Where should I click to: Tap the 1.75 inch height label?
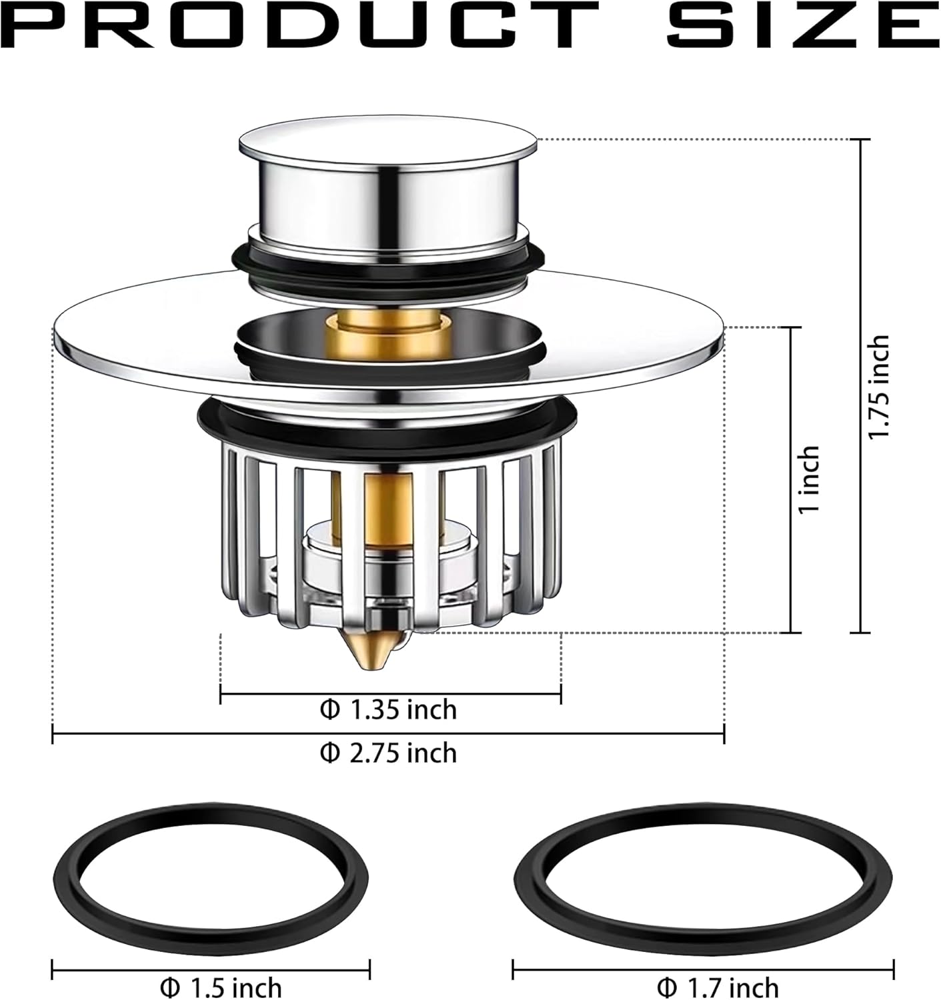click(878, 386)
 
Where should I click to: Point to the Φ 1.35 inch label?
click(389, 709)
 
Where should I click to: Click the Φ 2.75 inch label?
click(389, 753)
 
